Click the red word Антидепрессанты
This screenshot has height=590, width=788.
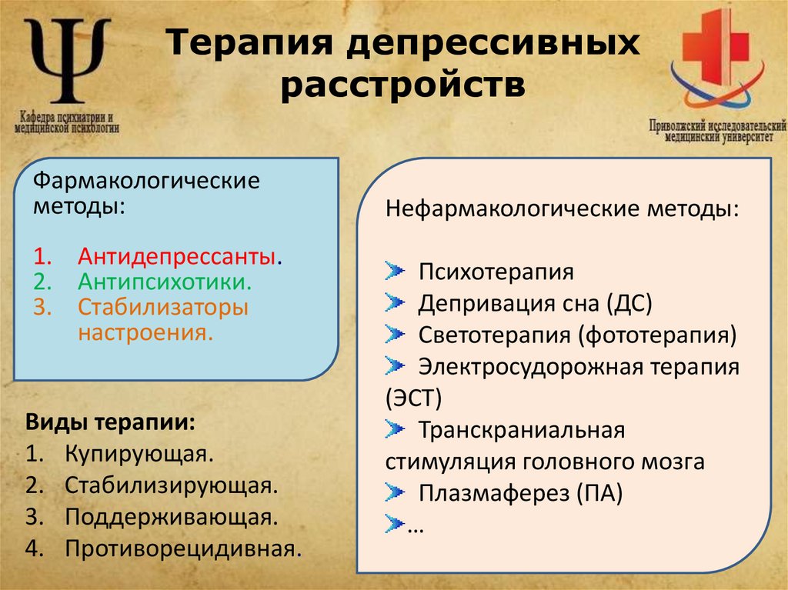[x=176, y=255]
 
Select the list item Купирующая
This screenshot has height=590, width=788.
[x=139, y=453]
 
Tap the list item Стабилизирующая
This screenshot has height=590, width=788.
[x=171, y=485]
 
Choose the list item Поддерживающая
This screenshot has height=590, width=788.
[x=171, y=516]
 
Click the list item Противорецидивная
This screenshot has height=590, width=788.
[x=182, y=548]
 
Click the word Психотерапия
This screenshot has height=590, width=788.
[x=496, y=272]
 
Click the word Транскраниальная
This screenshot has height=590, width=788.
[x=520, y=430]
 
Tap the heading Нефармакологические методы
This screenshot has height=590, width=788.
[x=561, y=208]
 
